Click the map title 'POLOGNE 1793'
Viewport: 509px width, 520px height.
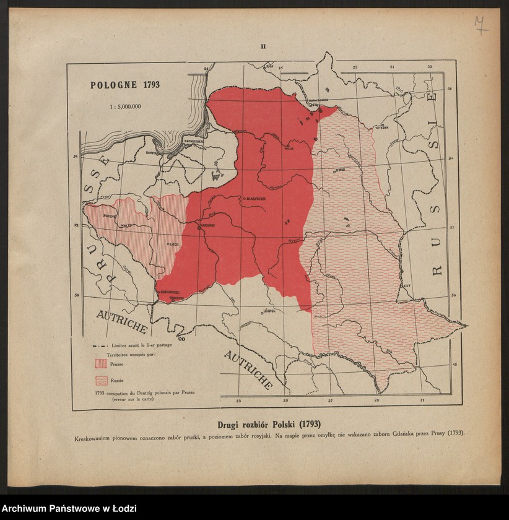pyautogui.click(x=125, y=85)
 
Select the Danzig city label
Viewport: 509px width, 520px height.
pyautogui.click(x=151, y=152)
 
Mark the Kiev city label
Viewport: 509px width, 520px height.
pyautogui.click(x=406, y=286)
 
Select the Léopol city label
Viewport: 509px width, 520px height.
pyautogui.click(x=268, y=311)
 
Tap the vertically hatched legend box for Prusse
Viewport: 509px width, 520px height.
pyautogui.click(x=100, y=364)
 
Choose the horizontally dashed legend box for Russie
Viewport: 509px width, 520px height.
pyautogui.click(x=100, y=380)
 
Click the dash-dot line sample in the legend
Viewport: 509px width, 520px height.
pyautogui.click(x=100, y=345)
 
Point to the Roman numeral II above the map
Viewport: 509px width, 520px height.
pyautogui.click(x=263, y=46)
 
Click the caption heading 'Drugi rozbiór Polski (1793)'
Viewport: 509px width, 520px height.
pyautogui.click(x=269, y=425)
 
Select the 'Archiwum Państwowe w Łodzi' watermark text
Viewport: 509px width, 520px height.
pyautogui.click(x=69, y=509)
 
